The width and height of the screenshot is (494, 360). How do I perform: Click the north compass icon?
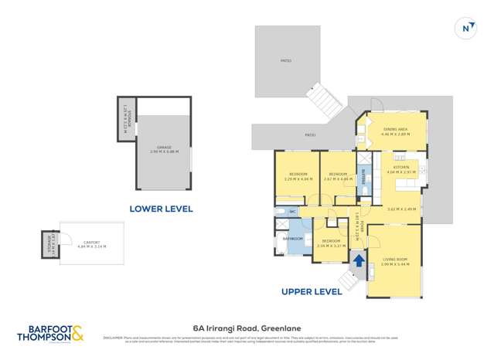click(x=466, y=29)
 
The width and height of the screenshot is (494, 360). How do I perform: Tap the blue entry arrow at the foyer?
click(x=359, y=261)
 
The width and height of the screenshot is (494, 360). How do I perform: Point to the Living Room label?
click(x=394, y=261)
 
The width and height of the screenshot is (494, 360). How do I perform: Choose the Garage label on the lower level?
click(x=164, y=149)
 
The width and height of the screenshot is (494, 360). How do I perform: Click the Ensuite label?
click(x=363, y=176)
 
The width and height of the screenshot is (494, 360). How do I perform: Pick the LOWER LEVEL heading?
click(x=161, y=209)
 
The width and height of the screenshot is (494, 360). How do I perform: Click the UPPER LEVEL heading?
click(x=312, y=292)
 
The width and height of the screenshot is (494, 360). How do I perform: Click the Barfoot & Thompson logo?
click(x=50, y=333)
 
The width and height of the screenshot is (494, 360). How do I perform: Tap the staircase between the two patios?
click(x=321, y=98)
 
